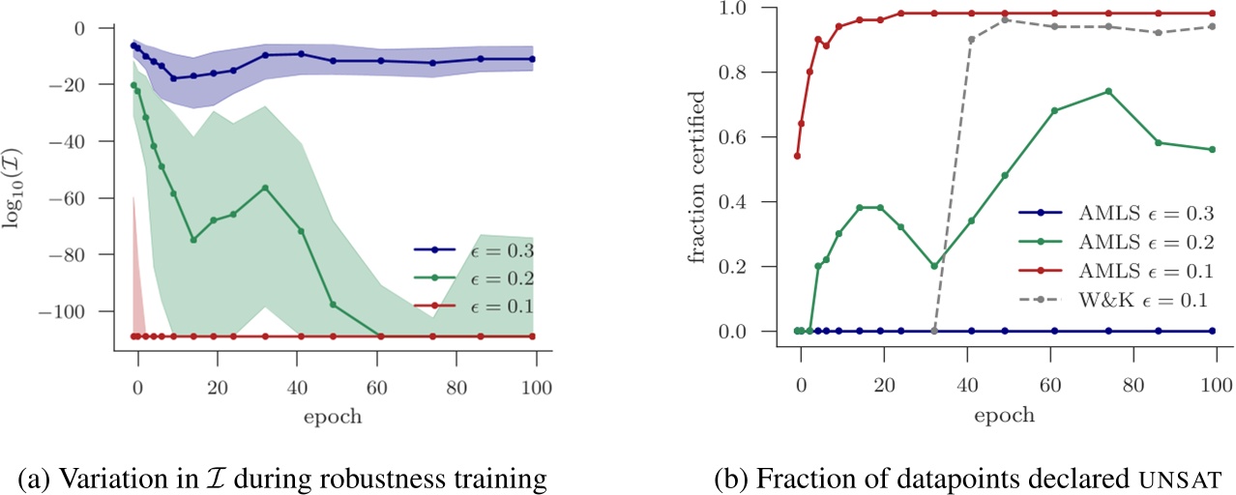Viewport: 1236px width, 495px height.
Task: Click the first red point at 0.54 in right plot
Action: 797,156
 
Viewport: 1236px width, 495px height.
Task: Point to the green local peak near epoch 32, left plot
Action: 265,188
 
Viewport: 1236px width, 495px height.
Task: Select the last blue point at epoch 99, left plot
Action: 532,59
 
